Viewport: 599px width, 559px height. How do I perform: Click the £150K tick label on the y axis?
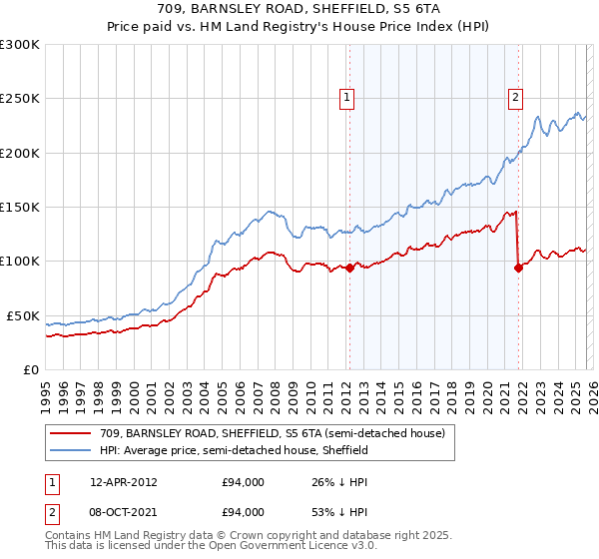19,208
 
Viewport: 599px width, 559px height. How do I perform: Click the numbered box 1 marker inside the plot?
346,98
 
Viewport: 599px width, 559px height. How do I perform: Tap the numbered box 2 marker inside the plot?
515,98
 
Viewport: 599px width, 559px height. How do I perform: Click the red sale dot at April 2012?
349,268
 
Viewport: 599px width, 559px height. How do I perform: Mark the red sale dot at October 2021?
518,268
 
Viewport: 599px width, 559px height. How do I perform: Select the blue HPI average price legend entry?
234,450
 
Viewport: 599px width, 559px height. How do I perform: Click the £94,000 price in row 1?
243,482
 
